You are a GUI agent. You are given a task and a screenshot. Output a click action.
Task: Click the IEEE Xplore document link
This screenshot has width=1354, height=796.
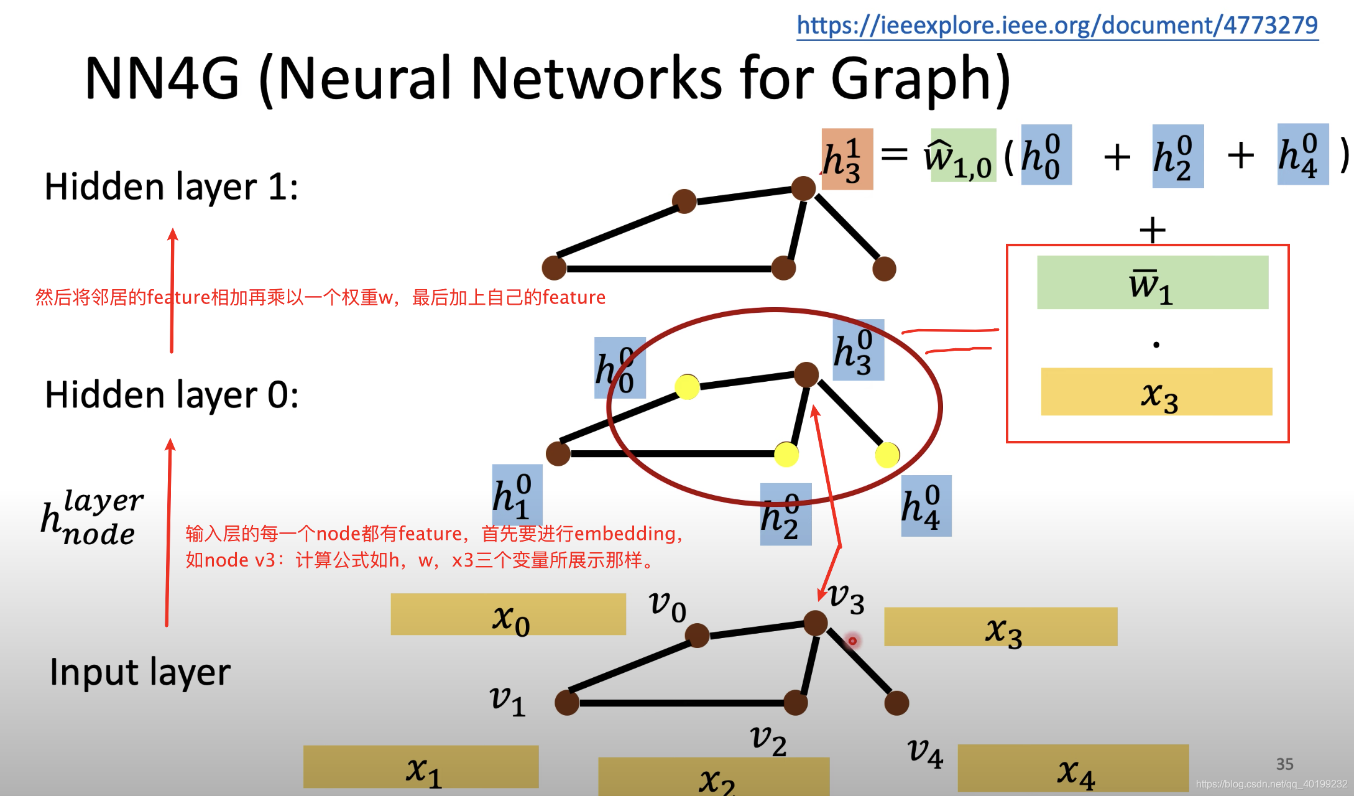[1057, 25]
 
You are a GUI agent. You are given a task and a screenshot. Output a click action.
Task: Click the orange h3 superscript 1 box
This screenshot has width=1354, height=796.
[847, 159]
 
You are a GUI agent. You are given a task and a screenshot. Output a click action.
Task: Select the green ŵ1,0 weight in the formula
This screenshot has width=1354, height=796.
[962, 155]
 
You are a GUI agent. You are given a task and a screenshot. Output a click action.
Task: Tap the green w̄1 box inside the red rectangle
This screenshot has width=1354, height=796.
[1152, 283]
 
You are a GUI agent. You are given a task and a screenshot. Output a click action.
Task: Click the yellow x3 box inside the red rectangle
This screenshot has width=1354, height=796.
[1156, 392]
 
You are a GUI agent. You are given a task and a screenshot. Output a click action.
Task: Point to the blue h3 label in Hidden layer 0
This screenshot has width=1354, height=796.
[858, 350]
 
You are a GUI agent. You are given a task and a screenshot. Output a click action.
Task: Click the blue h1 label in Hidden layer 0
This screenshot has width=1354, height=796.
[517, 495]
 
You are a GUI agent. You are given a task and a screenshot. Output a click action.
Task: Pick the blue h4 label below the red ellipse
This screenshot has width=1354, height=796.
[926, 506]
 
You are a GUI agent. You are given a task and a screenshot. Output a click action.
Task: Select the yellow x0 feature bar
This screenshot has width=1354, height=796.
[508, 614]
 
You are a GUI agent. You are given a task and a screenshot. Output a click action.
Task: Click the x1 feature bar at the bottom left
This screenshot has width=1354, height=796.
[421, 767]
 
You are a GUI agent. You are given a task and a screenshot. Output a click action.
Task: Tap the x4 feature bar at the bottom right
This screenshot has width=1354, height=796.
[1073, 768]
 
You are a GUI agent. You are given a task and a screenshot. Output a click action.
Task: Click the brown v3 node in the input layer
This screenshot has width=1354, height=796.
[815, 622]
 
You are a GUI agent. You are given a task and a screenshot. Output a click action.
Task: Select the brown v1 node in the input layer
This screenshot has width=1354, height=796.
[566, 703]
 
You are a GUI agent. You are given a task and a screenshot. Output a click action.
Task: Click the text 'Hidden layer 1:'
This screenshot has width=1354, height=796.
[172, 187]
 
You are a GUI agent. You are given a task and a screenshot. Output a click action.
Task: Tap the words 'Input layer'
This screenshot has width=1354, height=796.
[140, 672]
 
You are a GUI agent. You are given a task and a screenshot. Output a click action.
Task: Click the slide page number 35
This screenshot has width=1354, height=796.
[1284, 764]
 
